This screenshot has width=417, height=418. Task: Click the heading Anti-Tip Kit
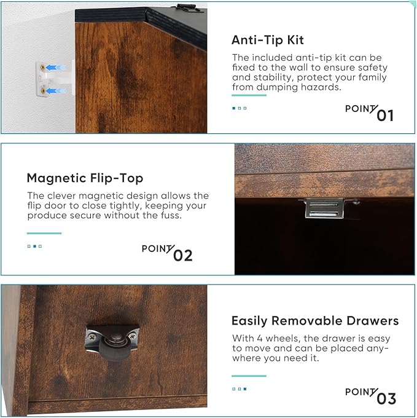click(x=267, y=40)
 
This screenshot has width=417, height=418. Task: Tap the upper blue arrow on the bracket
click(x=55, y=68)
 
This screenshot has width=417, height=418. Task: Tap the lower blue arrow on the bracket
click(x=55, y=91)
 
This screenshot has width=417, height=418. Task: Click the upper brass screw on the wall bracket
click(x=42, y=68)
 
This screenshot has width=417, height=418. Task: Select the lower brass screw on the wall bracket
click(x=42, y=91)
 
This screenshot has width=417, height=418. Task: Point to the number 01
click(x=385, y=116)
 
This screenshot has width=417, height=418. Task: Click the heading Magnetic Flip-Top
click(x=85, y=178)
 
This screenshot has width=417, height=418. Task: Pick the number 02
click(x=182, y=255)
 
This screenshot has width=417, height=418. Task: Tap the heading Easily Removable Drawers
click(x=315, y=321)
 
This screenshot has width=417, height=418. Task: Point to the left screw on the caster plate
click(x=92, y=337)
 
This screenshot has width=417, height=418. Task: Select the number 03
click(x=386, y=399)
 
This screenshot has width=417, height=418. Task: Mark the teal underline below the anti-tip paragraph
click(x=249, y=95)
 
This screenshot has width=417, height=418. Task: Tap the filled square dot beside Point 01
click(x=234, y=108)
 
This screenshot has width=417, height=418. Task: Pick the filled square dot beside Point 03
click(x=245, y=389)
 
